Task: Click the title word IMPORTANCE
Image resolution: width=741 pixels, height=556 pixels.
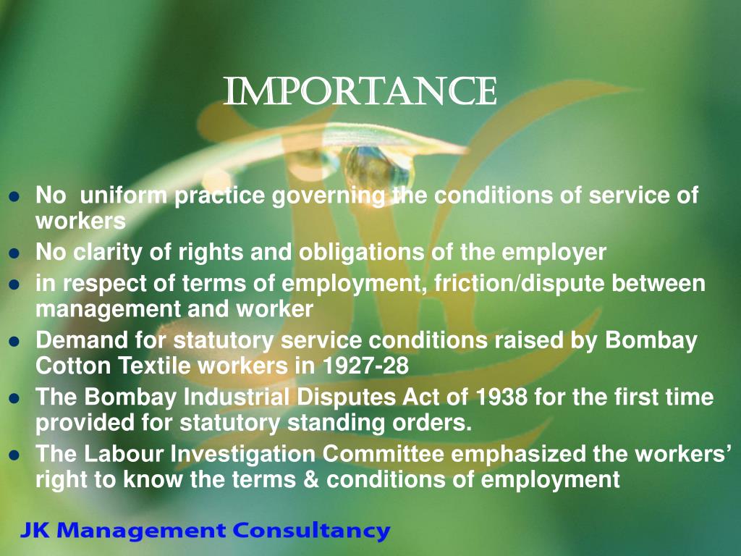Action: pyautogui.click(x=360, y=91)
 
